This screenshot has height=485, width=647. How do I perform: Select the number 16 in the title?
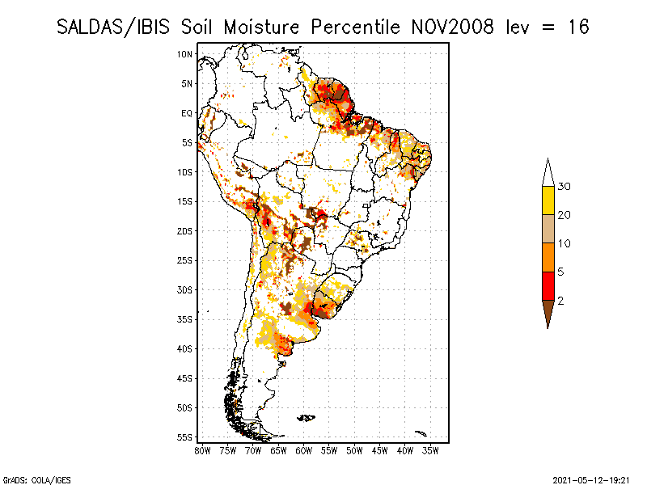coord(577,27)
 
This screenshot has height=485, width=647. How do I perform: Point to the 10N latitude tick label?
coord(185,54)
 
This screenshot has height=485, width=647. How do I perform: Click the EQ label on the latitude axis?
coord(187,113)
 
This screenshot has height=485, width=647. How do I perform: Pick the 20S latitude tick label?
coord(185,231)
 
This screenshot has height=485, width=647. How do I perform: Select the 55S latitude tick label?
coord(185,437)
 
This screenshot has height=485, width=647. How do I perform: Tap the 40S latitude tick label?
coord(185,349)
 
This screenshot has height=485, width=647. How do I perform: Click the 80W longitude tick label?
coord(202,449)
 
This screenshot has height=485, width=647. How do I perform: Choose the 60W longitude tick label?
coord(304,449)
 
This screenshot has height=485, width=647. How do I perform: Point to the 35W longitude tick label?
coord(431,449)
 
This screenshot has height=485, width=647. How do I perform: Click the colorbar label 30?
coord(565,187)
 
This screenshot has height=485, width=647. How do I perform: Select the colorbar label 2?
coord(560,301)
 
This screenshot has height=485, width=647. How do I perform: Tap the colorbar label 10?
coord(565,243)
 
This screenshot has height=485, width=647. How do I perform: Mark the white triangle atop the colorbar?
coord(548,172)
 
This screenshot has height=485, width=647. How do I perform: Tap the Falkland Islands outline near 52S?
coord(307,418)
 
